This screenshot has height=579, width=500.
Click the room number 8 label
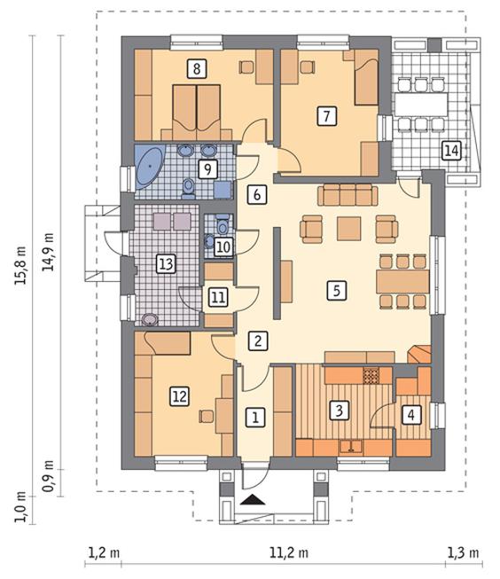197,68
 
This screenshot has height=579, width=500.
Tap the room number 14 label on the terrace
451,150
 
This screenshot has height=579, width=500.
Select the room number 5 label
336,290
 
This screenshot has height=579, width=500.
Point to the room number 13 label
166,263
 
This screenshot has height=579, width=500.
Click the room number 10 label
223,246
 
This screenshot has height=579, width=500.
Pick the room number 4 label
411,415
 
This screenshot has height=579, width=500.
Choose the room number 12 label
179,396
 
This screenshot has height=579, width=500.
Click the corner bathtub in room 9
149,168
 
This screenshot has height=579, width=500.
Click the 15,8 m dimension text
20,265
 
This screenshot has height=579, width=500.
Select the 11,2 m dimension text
289,553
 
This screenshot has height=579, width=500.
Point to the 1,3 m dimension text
463,553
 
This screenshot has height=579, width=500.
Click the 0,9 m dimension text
48,476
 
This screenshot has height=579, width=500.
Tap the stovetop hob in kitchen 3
371,376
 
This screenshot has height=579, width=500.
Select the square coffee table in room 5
349,229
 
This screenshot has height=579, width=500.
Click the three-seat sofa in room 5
348,195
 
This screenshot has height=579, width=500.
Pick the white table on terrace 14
421,104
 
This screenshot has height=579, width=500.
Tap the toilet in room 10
223,225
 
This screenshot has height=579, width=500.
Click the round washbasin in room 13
150,320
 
